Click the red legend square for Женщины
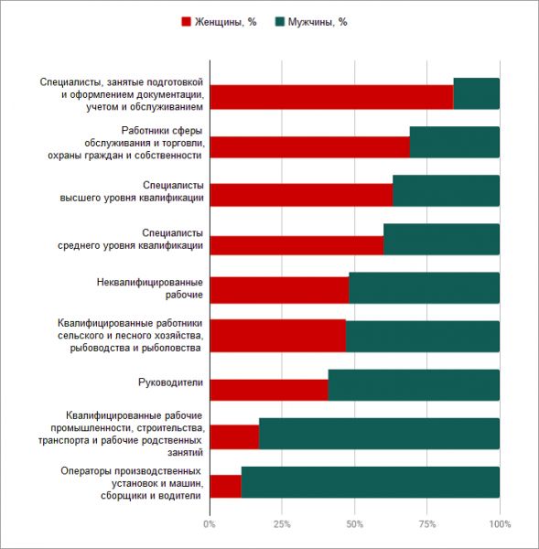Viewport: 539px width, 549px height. coord(186,22)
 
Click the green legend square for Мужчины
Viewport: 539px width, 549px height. coord(279,22)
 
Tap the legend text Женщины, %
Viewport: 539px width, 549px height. coord(225,22)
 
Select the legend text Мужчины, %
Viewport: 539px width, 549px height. coord(318,22)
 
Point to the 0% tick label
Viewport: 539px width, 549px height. coord(210,524)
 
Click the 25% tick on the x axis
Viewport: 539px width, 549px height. coord(282,524)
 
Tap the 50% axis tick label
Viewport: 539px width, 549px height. coord(354,524)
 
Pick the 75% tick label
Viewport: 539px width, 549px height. coord(427,524)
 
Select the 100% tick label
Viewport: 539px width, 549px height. coord(500,524)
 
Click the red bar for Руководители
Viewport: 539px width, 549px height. coord(269,390)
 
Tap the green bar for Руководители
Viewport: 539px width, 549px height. coord(414,385)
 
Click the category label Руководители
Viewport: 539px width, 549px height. coord(170,382)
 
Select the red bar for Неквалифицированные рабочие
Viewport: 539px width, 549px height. coord(280,290)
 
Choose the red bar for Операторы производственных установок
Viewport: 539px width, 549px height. coord(226,487)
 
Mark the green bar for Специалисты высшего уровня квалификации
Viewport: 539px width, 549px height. coord(447,190)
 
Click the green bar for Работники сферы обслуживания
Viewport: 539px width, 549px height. coord(455,142)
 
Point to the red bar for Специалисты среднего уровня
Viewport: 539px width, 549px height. coord(297,245)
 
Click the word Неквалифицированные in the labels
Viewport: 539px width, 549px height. coord(150,282)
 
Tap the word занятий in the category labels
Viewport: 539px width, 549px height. coord(185,452)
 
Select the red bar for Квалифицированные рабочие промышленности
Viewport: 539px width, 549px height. coord(234,436)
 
